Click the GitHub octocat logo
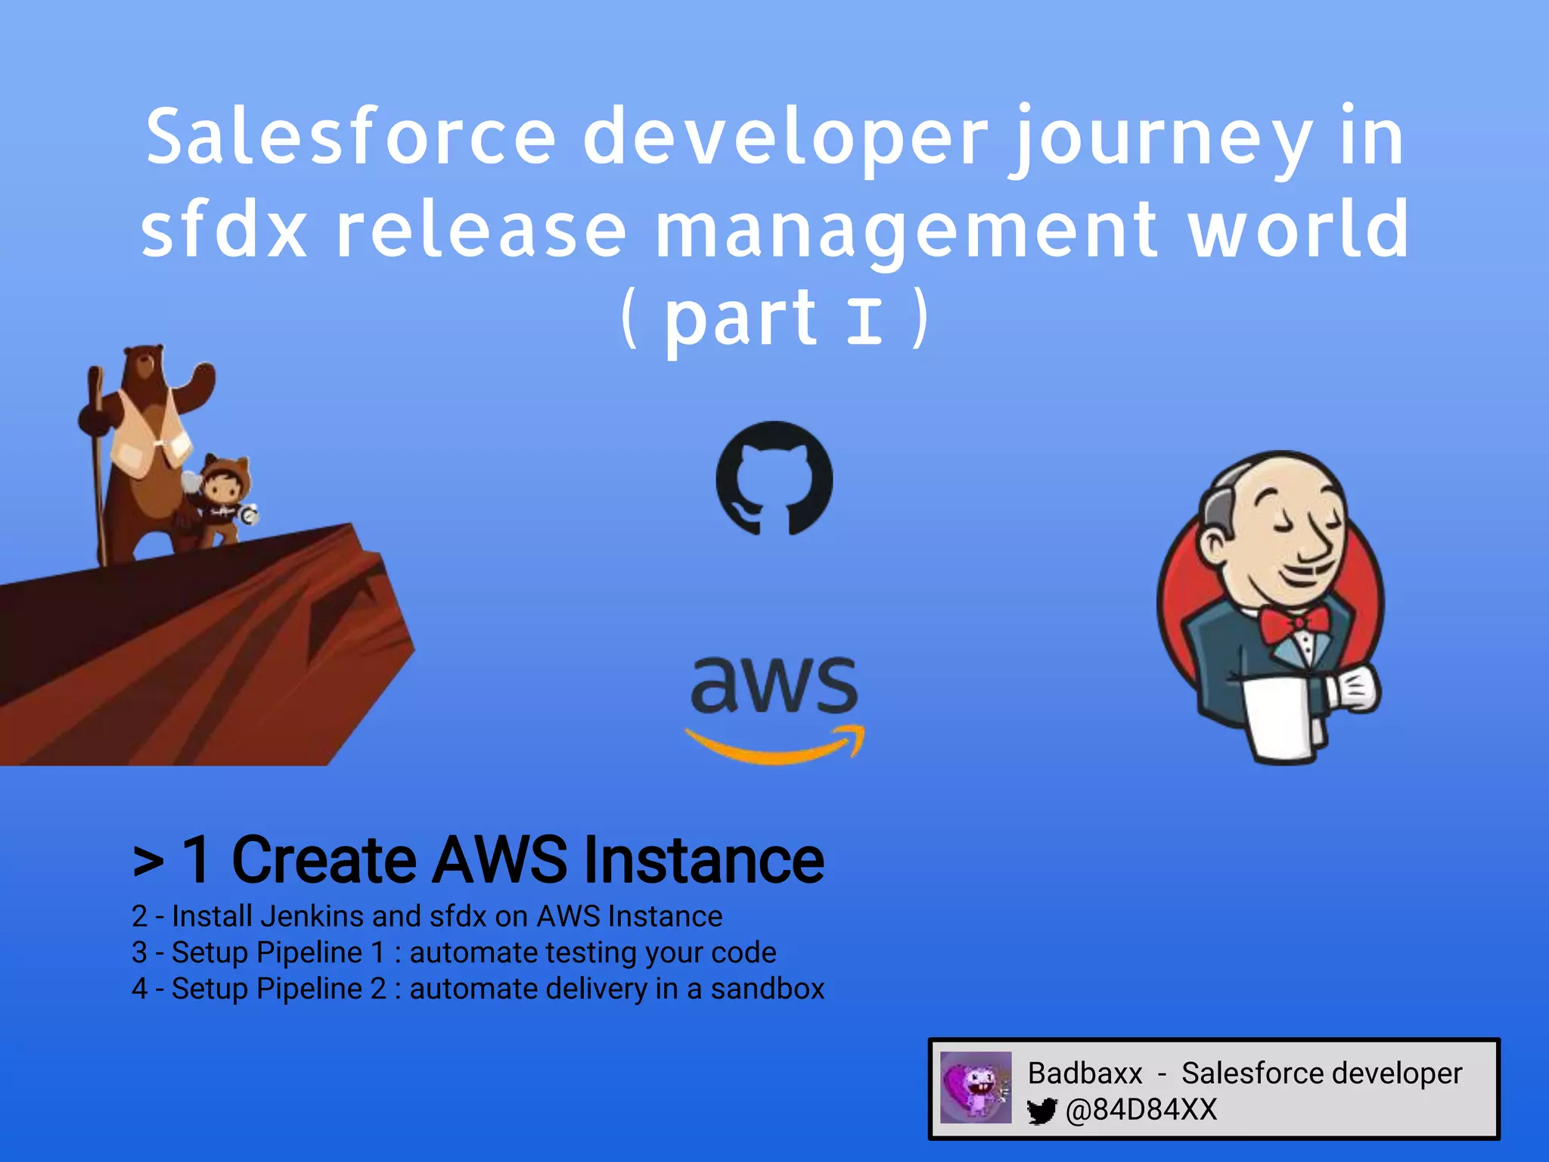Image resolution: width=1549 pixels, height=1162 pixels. [x=774, y=478]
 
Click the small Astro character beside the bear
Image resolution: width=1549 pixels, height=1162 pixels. [x=222, y=499]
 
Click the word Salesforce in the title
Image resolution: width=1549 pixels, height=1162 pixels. [x=351, y=138]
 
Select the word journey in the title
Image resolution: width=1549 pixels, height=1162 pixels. [x=1162, y=140]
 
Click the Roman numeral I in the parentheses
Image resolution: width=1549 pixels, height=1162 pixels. [x=864, y=321]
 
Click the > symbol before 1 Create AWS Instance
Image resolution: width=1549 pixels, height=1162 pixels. [x=148, y=862]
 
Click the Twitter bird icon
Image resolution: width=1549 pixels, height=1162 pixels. [x=1042, y=1111]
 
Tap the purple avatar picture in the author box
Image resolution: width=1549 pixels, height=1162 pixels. [x=976, y=1087]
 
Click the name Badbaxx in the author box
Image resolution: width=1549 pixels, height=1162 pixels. [x=1085, y=1073]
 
